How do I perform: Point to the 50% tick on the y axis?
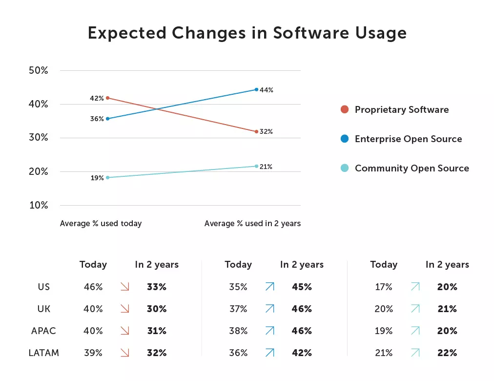[x=39, y=70]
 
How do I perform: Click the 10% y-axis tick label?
[x=39, y=205]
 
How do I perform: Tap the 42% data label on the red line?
[x=97, y=98]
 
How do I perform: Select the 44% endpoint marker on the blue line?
[x=256, y=89]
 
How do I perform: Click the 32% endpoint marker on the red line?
[x=256, y=131]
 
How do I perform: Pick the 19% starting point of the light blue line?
[x=107, y=177]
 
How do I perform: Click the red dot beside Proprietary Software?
[x=345, y=109]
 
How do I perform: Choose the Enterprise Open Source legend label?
[x=408, y=139]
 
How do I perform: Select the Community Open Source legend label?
[x=412, y=168]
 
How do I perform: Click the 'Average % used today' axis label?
[x=101, y=223]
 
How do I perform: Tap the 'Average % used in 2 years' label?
[x=252, y=223]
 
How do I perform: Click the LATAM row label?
[x=44, y=353]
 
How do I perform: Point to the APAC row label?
[x=44, y=331]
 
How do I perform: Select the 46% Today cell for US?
[x=93, y=287]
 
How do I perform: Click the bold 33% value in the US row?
[x=157, y=287]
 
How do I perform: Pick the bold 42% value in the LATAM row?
[x=302, y=353]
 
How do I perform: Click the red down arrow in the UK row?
[x=124, y=309]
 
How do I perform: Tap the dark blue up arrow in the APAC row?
[x=269, y=331]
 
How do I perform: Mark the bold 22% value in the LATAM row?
[x=447, y=353]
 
